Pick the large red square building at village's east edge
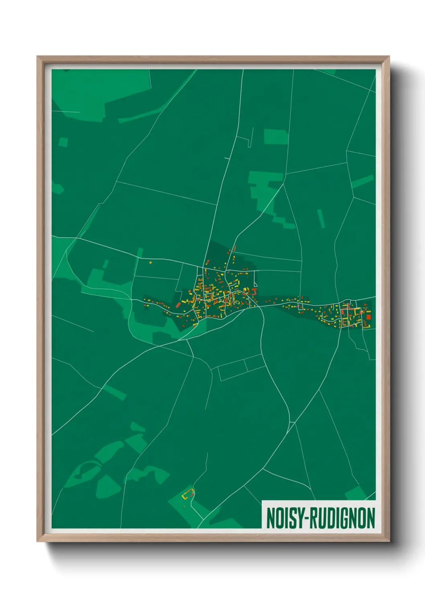(368, 317)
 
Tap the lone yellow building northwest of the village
(151, 262)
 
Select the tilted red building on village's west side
(178, 305)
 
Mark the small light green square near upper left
(63, 142)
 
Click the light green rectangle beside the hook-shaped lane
(276, 136)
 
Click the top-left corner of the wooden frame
(38, 57)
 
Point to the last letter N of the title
(370, 519)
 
